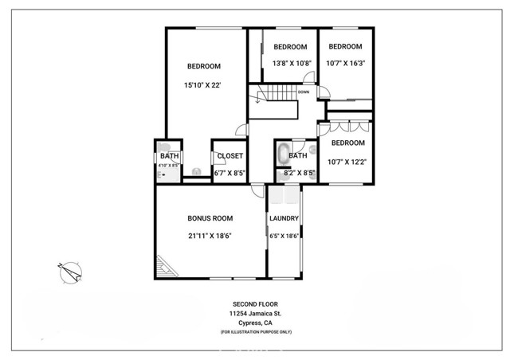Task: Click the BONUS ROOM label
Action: (210, 217)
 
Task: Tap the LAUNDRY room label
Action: (284, 218)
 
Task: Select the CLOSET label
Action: (229, 156)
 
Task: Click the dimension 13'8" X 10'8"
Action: (291, 63)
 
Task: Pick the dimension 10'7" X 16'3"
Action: (346, 63)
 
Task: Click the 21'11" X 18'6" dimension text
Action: (210, 235)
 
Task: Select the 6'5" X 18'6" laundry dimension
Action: (284, 235)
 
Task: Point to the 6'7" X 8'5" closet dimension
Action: (229, 173)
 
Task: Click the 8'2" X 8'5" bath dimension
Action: (300, 173)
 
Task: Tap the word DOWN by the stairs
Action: (304, 92)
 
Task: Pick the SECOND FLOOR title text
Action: (255, 304)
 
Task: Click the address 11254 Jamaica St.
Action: (255, 314)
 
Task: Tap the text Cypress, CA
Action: (255, 323)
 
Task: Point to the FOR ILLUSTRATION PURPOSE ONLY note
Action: (255, 331)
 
